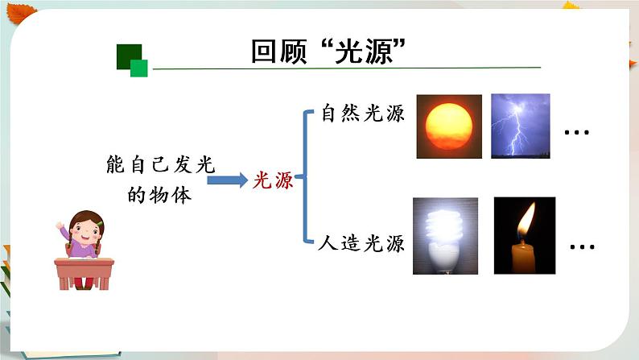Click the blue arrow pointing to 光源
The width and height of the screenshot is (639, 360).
(x=232, y=180)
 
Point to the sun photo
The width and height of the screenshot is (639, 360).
(x=448, y=126)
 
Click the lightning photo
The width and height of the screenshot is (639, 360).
(x=520, y=126)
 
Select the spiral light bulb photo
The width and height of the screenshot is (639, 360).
(x=444, y=235)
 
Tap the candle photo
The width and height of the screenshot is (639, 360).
(x=525, y=235)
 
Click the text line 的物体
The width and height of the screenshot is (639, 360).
(x=161, y=195)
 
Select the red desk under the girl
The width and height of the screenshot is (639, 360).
(x=84, y=271)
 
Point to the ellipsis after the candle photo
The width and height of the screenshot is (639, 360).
(x=581, y=246)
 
